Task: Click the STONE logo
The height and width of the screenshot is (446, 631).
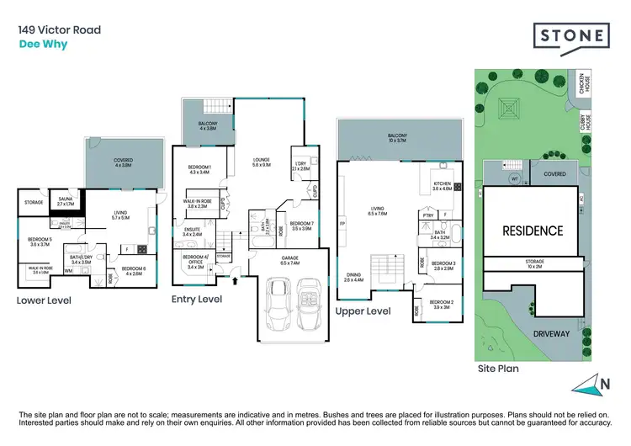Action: pos(571,36)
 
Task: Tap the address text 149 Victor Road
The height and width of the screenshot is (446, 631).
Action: pos(60,30)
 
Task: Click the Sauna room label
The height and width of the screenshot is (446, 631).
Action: pos(66,202)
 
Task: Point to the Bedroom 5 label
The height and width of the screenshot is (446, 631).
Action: pos(40,241)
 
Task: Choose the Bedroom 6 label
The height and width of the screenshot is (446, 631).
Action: pos(134,270)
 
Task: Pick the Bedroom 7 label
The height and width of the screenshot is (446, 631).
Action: pos(300,226)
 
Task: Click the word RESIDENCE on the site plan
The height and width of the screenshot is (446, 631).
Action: pos(532,231)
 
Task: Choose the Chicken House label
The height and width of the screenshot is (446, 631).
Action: pos(580,83)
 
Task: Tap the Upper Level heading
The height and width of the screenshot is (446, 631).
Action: pos(363,311)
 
